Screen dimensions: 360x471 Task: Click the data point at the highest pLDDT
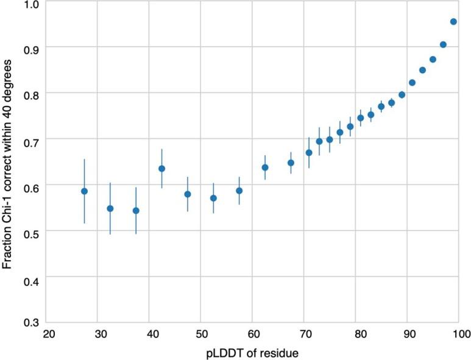[453, 21]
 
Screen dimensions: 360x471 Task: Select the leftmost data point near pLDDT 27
[85, 191]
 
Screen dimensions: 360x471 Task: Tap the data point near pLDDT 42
[161, 168]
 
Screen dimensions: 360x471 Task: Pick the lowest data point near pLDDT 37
[136, 211]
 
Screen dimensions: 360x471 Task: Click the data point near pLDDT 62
[265, 168]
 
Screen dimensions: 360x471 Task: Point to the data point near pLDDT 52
[213, 198]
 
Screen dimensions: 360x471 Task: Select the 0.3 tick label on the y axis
[31, 323]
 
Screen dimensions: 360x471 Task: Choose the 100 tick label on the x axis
[461, 334]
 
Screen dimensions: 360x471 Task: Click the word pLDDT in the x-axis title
[225, 352]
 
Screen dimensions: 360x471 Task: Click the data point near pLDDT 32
[110, 208]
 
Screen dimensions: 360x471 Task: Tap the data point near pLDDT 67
[291, 163]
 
